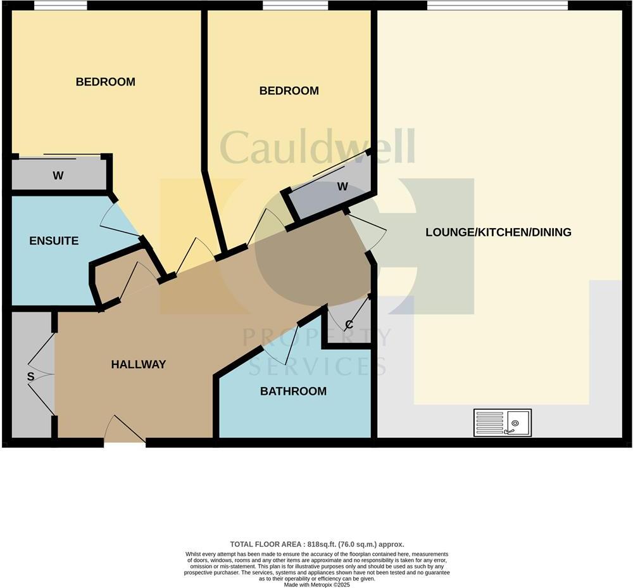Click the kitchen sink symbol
(x=503, y=422)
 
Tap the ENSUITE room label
(x=54, y=241)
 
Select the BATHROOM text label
(x=293, y=391)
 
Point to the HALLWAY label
(x=138, y=364)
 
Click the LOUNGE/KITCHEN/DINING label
(x=498, y=232)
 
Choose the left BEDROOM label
(x=105, y=82)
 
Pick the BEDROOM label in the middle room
(x=289, y=91)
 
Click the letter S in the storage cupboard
(x=30, y=376)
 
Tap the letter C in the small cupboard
(x=349, y=325)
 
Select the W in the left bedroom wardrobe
(x=58, y=176)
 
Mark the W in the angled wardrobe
(x=342, y=186)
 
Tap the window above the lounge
(x=497, y=6)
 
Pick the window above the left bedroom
(x=60, y=6)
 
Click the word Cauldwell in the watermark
(x=317, y=146)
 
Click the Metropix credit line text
(x=316, y=584)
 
